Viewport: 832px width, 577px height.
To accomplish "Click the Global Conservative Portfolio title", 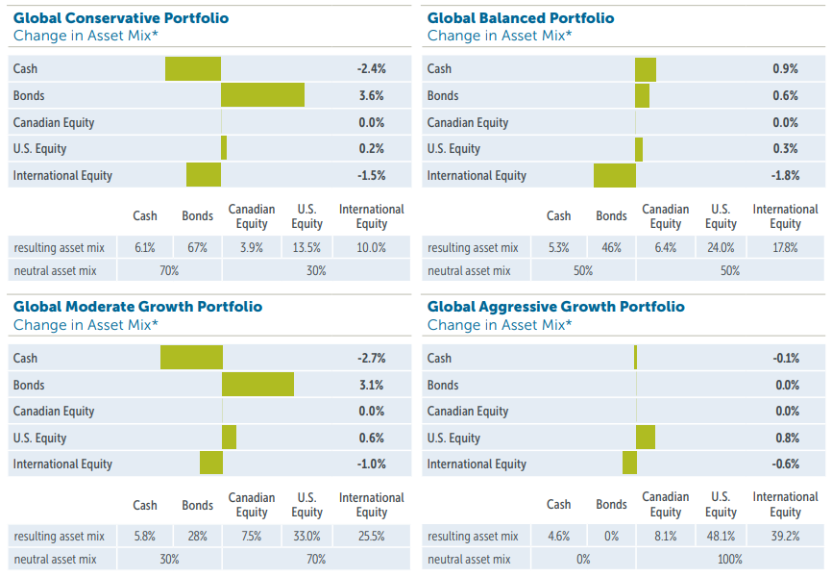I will coord(121,18).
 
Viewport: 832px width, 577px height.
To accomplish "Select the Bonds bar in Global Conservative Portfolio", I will coord(262,95).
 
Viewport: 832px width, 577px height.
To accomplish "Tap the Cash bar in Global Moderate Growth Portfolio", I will coord(191,358).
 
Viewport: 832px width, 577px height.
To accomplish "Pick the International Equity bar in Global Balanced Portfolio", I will coord(615,175).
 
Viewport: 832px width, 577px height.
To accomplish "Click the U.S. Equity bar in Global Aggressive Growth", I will coord(646,438).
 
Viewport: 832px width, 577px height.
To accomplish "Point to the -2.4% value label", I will coord(370,69).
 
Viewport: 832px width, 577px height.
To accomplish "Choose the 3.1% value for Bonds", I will coord(372,385).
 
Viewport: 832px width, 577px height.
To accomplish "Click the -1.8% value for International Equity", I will coord(785,175).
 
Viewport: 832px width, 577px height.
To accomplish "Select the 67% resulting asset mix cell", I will coord(198,247).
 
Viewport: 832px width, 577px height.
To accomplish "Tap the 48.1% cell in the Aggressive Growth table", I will coord(721,536).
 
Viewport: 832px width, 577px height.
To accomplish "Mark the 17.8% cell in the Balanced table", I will coord(785,247).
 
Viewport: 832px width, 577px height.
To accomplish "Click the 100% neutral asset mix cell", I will coord(730,559).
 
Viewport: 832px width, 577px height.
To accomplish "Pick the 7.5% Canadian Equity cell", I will coord(252,536).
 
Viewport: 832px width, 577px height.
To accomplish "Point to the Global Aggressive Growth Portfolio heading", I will coord(556,307).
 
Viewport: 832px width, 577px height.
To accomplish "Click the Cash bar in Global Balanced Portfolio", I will coord(646,69).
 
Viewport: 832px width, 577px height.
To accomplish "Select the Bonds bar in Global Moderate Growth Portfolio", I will coord(257,385).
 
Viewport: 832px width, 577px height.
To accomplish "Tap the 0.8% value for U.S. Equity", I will coord(786,438).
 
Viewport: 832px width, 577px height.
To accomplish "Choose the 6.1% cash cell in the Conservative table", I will coord(145,247).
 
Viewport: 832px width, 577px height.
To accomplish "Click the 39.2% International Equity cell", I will coord(785,536).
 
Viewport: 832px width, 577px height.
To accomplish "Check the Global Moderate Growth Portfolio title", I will coord(137,307).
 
